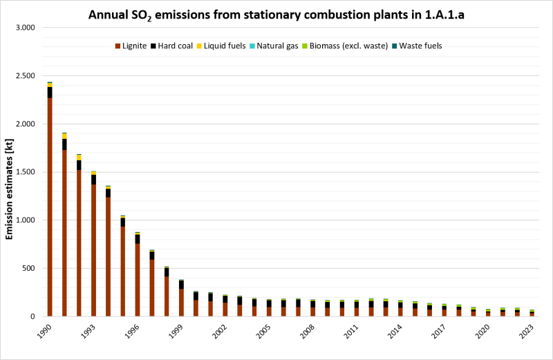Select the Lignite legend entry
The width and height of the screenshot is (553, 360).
(134, 46)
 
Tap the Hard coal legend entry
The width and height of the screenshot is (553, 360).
(178, 46)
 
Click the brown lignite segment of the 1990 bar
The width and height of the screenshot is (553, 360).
(50, 207)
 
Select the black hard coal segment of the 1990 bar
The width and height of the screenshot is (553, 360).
(50, 92)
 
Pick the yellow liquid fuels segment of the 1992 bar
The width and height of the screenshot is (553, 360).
(79, 158)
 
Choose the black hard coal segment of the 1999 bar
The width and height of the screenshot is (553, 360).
(181, 284)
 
